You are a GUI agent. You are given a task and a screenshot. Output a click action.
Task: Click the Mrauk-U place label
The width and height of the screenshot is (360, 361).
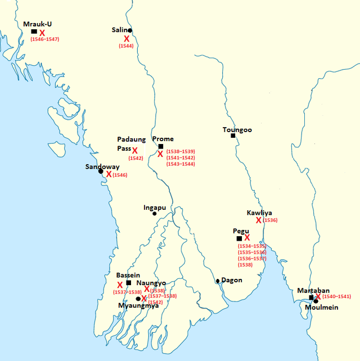(x=37, y=24)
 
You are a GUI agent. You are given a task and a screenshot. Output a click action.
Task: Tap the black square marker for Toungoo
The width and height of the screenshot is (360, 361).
(x=233, y=135)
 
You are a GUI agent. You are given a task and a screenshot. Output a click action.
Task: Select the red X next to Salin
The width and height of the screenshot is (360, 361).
(x=127, y=38)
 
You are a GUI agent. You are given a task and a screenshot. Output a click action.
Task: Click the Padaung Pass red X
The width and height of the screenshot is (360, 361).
(x=135, y=150)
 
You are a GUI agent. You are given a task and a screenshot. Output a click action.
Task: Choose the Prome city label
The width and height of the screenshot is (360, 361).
(x=163, y=139)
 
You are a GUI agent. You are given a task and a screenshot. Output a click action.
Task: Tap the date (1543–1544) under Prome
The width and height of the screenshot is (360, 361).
(x=180, y=165)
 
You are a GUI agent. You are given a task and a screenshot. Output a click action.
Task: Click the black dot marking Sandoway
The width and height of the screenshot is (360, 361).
(x=101, y=171)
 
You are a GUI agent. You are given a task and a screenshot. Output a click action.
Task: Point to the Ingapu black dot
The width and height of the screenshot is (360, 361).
(x=155, y=214)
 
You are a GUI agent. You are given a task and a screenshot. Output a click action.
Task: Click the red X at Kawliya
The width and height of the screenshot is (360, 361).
(x=259, y=220)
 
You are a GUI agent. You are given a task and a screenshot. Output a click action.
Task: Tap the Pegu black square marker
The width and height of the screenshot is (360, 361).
(x=239, y=238)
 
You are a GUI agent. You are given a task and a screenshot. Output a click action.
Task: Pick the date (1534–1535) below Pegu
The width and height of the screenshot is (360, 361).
(x=252, y=246)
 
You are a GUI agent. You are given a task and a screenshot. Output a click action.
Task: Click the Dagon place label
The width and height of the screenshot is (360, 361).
(x=231, y=279)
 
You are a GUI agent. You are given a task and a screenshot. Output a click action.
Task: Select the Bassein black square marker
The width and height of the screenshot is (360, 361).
(x=129, y=283)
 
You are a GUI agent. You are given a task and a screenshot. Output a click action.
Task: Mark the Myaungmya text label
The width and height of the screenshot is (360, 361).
(x=138, y=306)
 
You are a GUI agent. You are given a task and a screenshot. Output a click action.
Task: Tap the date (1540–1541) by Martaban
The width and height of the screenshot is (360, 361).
(x=337, y=296)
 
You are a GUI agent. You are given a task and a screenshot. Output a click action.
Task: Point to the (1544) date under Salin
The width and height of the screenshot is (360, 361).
(x=126, y=46)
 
